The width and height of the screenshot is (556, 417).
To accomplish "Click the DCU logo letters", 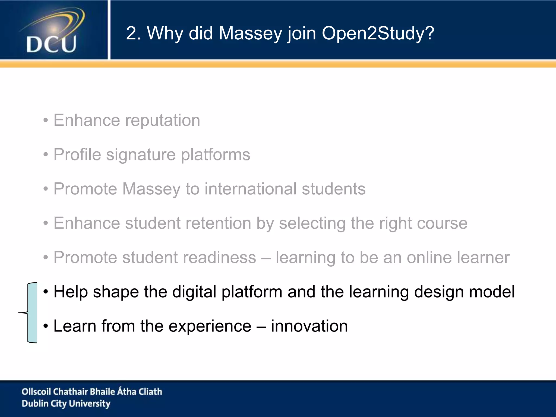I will (x=51, y=44).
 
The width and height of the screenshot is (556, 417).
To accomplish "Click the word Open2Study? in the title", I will (x=378, y=33).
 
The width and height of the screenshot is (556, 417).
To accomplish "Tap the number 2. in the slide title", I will (x=133, y=33).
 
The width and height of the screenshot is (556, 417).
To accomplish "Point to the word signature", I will (x=141, y=155).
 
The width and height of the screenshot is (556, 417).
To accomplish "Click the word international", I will (x=250, y=189).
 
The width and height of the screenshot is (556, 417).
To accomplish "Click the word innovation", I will (x=309, y=326).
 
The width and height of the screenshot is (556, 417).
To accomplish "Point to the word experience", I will (x=210, y=326).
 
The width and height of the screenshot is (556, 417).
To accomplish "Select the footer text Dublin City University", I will (x=66, y=403).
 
